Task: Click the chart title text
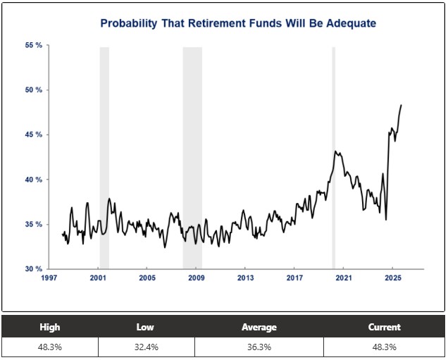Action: click(238, 23)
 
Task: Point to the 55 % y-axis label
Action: click(33, 45)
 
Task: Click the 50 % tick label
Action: click(33, 90)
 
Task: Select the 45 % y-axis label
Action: click(33, 135)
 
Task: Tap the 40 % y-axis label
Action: click(33, 180)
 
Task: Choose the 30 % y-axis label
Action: click(33, 269)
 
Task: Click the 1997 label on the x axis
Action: click(49, 278)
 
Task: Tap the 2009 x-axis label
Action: click(196, 278)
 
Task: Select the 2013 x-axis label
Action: click(245, 278)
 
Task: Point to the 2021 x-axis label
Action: click(343, 278)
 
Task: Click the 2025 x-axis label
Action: click(392, 278)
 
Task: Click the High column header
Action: click(50, 327)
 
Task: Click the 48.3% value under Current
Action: click(384, 347)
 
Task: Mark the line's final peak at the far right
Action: click(401, 105)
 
